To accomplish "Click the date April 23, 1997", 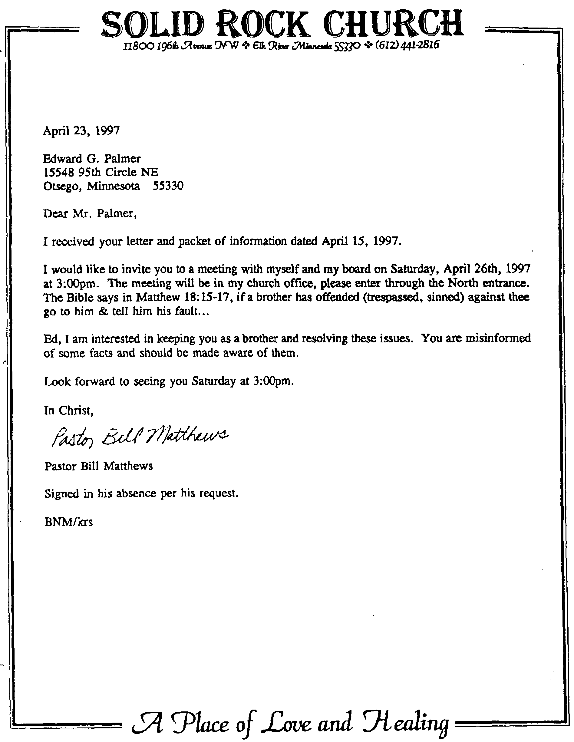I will click(81, 130).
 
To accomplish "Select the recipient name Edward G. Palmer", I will click(92, 159).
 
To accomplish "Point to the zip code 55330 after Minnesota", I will click(168, 186).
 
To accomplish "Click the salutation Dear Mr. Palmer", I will click(90, 213).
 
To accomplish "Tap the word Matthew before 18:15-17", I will click(158, 297).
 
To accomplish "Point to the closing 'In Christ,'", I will click(69, 411).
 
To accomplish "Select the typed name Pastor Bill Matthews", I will click(99, 466).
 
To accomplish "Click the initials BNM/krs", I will click(69, 522).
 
